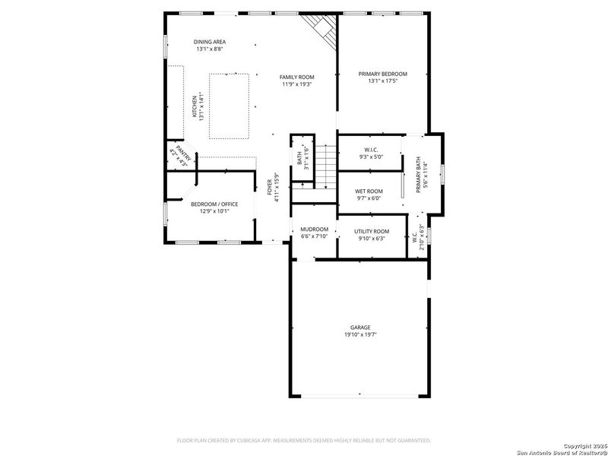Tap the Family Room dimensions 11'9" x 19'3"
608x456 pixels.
pyautogui.click(x=297, y=84)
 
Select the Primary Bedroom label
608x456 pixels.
pyautogui.click(x=382, y=74)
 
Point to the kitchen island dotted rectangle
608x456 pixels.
pyautogui.click(x=228, y=105)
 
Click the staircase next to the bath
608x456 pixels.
pyautogui.click(x=325, y=166)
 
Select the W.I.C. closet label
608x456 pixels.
pyautogui.click(x=371, y=150)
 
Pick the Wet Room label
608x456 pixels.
pyautogui.click(x=369, y=192)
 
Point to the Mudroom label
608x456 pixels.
pyautogui.click(x=314, y=230)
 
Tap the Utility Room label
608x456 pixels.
pyautogui.click(x=372, y=231)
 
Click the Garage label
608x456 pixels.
pyautogui.click(x=360, y=328)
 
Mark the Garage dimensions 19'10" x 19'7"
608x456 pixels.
pyautogui.click(x=360, y=334)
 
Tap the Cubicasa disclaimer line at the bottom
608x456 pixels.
pyautogui.click(x=303, y=440)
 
